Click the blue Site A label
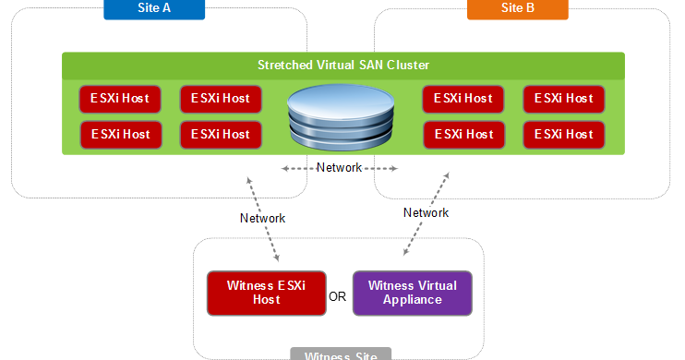153,9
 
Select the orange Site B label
517,9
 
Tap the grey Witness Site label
341,354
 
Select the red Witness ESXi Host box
266,293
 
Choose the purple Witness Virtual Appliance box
412,293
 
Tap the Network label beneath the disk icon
340,168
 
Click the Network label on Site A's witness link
262,219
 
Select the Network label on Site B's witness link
426,212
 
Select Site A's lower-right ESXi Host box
221,134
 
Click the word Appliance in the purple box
412,300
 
